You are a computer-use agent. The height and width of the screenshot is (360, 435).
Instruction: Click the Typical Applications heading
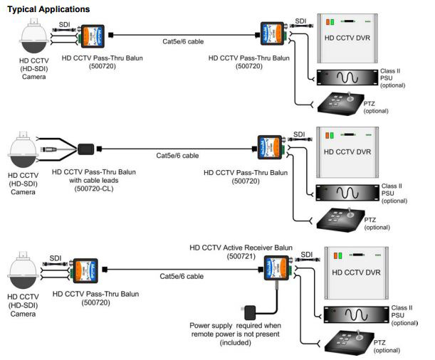(x=46, y=9)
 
